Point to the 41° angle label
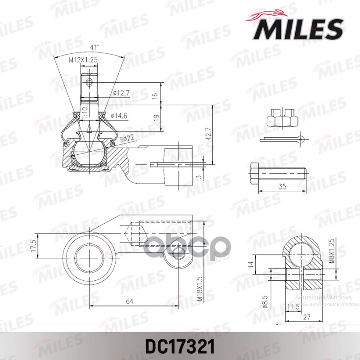coord(94,47)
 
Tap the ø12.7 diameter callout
coord(121,93)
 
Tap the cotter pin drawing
coord(283,139)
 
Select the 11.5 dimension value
coord(292,307)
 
